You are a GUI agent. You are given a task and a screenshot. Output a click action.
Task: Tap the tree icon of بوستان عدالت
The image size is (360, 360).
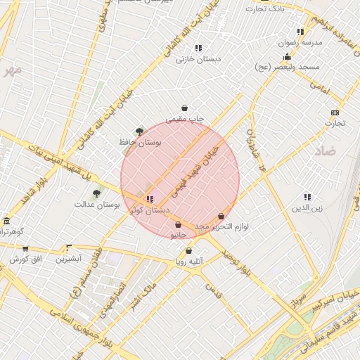point(96,193)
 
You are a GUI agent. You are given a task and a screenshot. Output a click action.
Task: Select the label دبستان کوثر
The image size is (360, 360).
point(152,210)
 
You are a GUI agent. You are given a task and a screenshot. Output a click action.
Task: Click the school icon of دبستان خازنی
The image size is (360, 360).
point(198,48)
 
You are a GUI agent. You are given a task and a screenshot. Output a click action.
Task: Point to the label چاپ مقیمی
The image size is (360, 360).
point(184,120)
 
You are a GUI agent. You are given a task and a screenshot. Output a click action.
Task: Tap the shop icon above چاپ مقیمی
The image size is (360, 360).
point(184,108)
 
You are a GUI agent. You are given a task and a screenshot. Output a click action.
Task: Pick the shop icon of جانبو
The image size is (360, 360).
point(178,225)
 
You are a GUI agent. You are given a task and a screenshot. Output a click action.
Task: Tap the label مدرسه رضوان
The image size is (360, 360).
point(302,43)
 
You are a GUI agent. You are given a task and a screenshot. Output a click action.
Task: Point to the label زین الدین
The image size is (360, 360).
point(307,208)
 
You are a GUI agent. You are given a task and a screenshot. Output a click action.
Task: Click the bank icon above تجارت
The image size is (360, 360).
point(335,112)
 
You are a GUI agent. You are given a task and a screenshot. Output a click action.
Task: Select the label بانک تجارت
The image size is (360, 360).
point(264,8)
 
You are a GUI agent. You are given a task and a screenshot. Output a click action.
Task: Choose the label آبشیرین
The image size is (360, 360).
point(69,259)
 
